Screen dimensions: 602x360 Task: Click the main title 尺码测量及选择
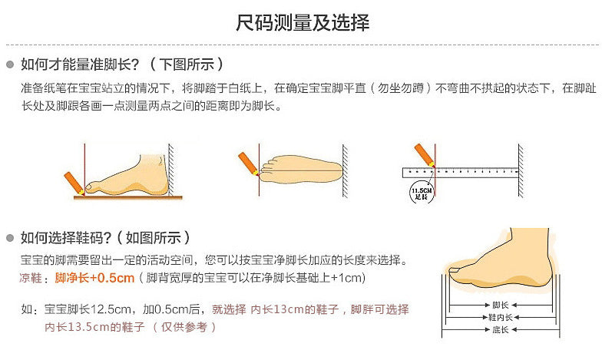(x=303, y=22)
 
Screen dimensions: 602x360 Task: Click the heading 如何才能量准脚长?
(x=80, y=64)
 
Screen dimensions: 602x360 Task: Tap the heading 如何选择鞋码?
(x=66, y=238)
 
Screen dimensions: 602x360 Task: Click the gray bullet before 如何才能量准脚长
(x=10, y=64)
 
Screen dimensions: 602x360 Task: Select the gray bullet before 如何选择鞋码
(x=10, y=238)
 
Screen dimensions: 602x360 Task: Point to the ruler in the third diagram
(x=461, y=173)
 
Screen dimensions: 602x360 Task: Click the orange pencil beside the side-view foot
(x=74, y=183)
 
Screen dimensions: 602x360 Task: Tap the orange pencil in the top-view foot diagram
(x=249, y=164)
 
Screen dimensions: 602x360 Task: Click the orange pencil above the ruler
(x=424, y=155)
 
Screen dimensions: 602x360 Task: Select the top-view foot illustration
(x=301, y=169)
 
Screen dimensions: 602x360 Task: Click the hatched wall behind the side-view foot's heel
(x=170, y=170)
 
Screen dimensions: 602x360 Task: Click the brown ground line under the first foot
(x=127, y=198)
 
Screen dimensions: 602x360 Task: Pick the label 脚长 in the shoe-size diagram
(x=501, y=306)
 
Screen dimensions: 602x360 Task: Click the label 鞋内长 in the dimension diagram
(x=501, y=318)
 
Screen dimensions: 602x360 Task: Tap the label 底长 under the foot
(x=501, y=330)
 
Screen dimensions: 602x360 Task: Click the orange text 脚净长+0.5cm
(x=94, y=278)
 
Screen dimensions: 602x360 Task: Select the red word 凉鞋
(x=31, y=278)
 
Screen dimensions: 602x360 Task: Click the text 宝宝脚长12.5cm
(x=88, y=309)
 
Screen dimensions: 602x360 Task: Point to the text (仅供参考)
(x=184, y=327)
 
